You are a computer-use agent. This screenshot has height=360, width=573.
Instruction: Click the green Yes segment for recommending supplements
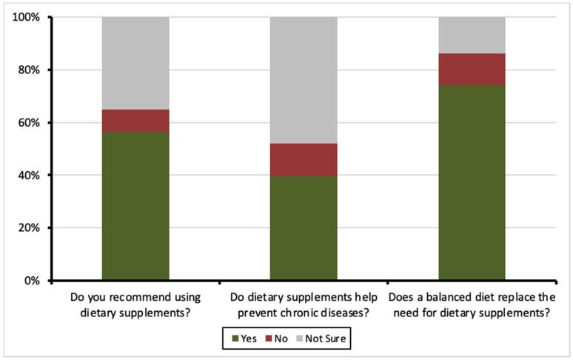[135, 207]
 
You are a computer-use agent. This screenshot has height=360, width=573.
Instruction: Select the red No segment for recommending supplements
[135, 121]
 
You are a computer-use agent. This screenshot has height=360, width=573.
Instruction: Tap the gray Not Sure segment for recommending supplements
[135, 63]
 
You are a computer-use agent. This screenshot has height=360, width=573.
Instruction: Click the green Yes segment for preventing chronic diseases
[304, 228]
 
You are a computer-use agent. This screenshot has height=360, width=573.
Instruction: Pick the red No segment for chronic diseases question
[304, 160]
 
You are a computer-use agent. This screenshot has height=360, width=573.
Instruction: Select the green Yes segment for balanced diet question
[472, 183]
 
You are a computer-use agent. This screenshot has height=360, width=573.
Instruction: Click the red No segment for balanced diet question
[472, 69]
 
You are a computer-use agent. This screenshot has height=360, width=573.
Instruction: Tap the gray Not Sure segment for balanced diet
[472, 35]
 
